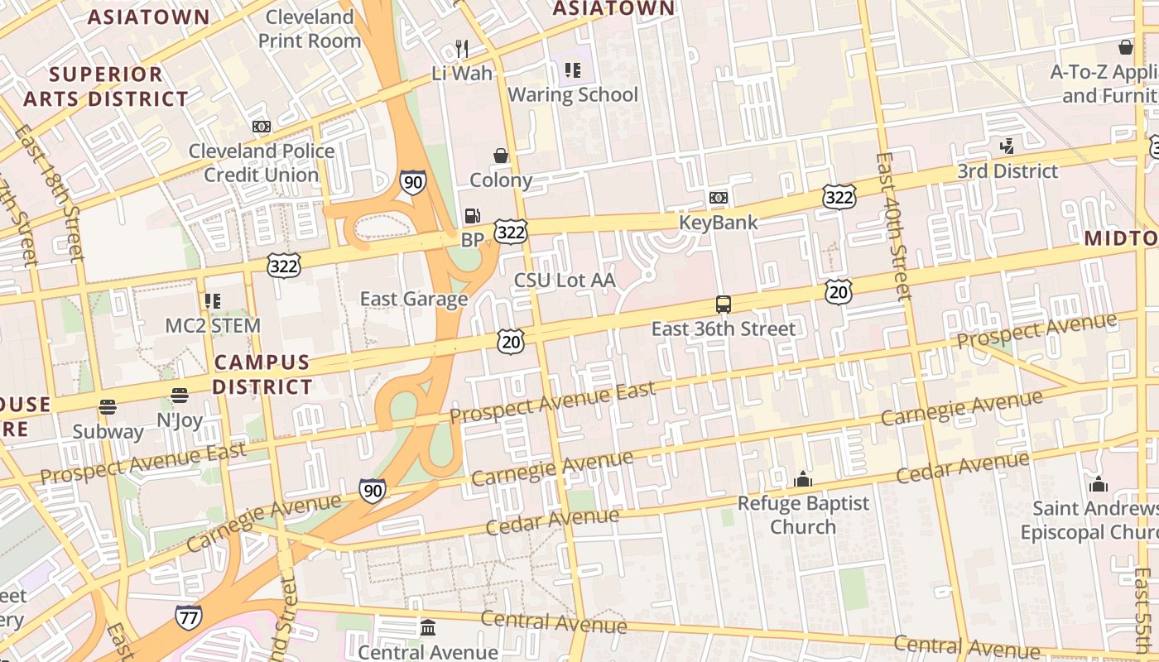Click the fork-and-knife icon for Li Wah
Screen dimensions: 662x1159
(x=462, y=49)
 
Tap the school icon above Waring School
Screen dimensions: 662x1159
(x=572, y=70)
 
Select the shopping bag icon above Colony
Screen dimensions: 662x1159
(x=501, y=156)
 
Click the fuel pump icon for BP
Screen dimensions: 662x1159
(x=472, y=216)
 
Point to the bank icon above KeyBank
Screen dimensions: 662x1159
(x=718, y=198)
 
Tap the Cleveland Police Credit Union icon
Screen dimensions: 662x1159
(x=262, y=127)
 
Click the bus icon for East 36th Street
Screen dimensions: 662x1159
(x=723, y=305)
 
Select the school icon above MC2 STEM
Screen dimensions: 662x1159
(x=213, y=301)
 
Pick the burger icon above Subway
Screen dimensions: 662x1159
(x=108, y=406)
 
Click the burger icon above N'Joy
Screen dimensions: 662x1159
(x=180, y=396)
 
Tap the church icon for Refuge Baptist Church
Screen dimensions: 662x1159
(x=802, y=479)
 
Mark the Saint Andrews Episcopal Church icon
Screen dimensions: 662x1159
(x=1099, y=484)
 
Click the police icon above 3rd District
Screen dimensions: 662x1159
(x=1007, y=146)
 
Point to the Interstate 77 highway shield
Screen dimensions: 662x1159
(x=189, y=617)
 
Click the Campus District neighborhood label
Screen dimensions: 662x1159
(x=262, y=375)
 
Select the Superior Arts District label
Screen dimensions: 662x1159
(x=106, y=86)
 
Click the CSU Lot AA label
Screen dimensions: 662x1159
(x=565, y=281)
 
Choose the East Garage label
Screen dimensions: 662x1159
(x=414, y=299)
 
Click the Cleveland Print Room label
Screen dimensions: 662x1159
(x=310, y=28)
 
